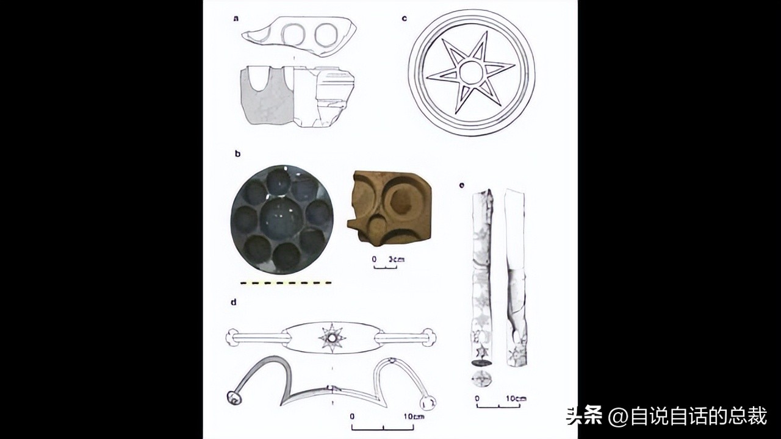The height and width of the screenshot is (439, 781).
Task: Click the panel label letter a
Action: point(236,19)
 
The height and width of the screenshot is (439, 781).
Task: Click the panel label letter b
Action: point(237,154)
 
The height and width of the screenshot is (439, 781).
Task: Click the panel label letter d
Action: point(234,301)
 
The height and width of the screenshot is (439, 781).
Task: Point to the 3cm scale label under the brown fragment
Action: point(397,260)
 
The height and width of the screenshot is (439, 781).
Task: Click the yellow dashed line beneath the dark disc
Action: point(286,283)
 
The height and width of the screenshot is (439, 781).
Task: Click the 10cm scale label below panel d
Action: point(412,416)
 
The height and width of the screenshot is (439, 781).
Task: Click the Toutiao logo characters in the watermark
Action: point(585,416)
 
